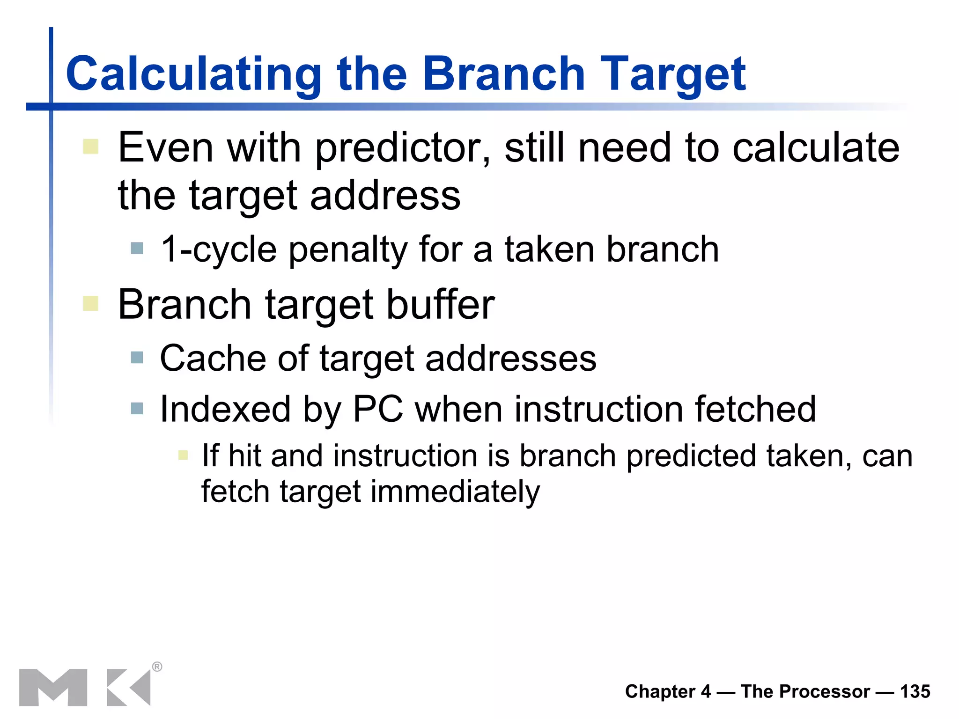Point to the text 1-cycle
(218, 250)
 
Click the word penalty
(347, 250)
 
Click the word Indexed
(225, 410)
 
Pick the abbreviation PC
(378, 410)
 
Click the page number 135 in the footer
(915, 692)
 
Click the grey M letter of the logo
(53, 687)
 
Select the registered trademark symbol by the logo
(157, 667)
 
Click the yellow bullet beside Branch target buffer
(90, 303)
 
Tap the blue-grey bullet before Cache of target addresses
(137, 358)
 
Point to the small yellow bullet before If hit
(183, 455)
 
